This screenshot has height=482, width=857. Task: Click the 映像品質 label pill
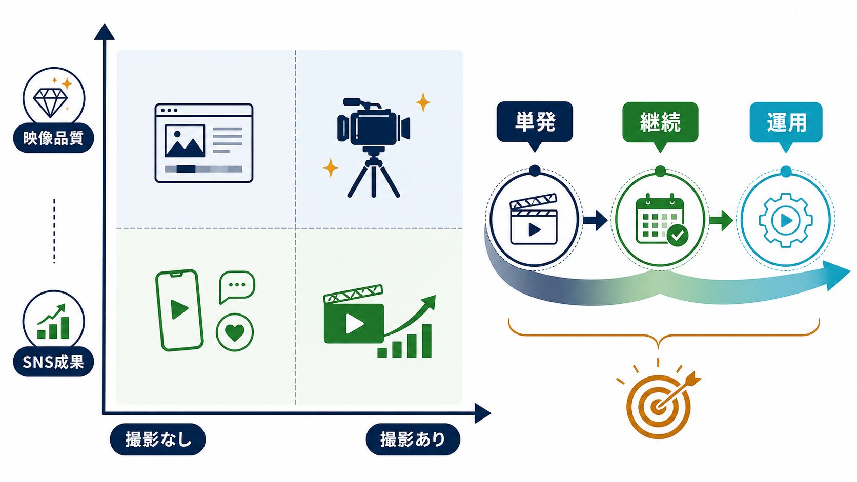(x=53, y=138)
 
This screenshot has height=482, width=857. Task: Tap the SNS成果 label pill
(x=53, y=362)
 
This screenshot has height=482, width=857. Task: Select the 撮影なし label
(x=158, y=439)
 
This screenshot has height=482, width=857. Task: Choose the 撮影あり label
(x=413, y=439)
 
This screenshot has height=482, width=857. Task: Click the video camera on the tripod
(x=374, y=147)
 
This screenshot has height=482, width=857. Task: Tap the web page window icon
(x=204, y=143)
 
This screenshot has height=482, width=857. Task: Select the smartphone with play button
(x=179, y=310)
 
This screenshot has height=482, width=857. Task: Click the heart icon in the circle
(x=235, y=332)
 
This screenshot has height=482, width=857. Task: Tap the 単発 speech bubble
(x=535, y=126)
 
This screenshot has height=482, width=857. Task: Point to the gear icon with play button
(x=786, y=220)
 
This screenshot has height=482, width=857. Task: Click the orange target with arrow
(x=659, y=405)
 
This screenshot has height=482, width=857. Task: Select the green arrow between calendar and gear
(x=721, y=220)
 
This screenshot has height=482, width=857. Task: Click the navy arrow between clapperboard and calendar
(x=595, y=220)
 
